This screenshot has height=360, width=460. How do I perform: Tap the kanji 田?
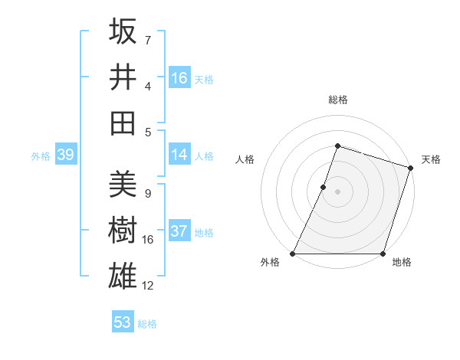[123, 122]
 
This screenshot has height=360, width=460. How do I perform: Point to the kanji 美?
[123, 183]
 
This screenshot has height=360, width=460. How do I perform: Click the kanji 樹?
[123, 229]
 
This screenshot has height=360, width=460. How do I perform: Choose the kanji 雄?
[123, 275]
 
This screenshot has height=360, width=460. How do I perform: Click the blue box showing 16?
[179, 78]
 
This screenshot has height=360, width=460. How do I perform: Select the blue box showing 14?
[179, 155]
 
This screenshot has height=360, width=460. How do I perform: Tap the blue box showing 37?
[179, 231]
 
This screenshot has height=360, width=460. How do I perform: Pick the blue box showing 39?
[65, 155]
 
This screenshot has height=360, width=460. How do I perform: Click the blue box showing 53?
[123, 322]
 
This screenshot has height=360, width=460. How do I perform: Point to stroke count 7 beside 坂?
[147, 39]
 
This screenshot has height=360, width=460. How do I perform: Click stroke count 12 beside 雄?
[148, 286]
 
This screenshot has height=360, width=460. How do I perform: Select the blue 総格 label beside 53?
[147, 323]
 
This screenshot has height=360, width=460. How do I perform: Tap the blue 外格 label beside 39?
[41, 156]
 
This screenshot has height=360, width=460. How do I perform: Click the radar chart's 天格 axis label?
[431, 159]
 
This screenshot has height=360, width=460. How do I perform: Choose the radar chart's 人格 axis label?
[245, 159]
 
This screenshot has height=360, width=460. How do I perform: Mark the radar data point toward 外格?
[293, 254]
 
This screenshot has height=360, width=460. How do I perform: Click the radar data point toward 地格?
[383, 254]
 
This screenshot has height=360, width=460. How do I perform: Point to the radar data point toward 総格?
[337, 146]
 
